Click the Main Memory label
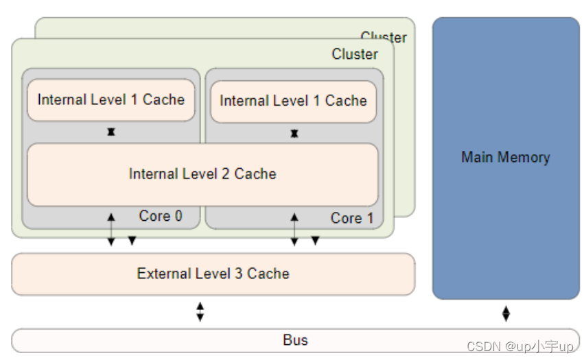(505, 158)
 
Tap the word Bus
(295, 340)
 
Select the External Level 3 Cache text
(213, 274)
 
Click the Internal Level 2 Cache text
(202, 174)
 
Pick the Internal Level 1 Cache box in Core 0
(110, 100)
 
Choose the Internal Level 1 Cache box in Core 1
(293, 101)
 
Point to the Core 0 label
(161, 216)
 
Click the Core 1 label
(351, 218)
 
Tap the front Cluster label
(354, 54)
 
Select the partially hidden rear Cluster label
(384, 36)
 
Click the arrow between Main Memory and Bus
(506, 314)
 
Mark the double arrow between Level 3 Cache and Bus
(200, 312)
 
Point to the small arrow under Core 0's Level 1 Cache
(110, 132)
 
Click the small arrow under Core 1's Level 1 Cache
(294, 133)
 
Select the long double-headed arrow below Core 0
(110, 230)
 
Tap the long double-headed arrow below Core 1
(294, 230)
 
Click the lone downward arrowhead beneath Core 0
(132, 241)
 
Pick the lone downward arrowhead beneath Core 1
(315, 241)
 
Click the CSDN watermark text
(519, 347)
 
